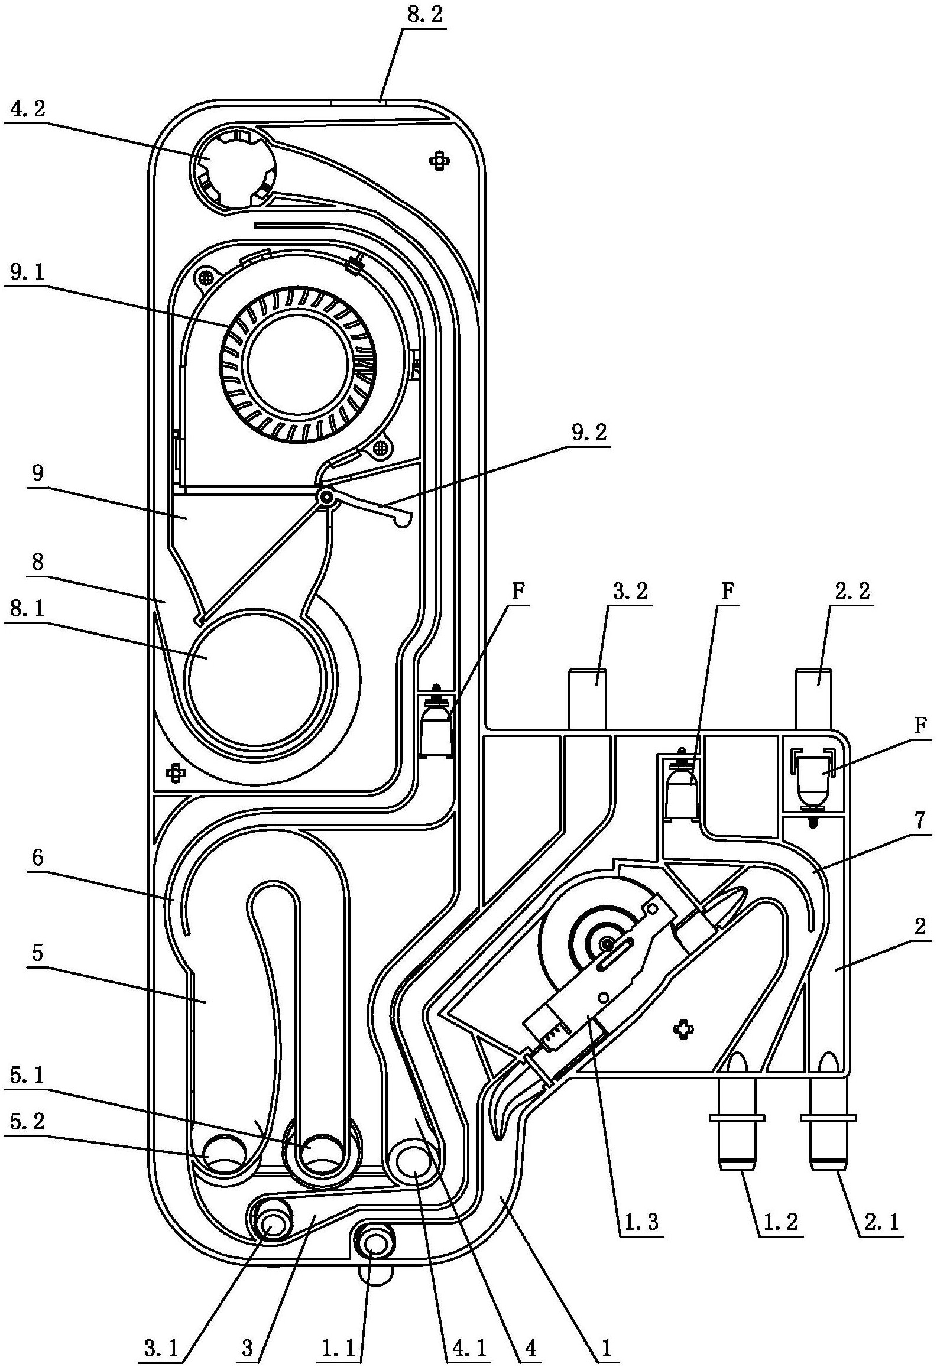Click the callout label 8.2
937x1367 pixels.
(424, 17)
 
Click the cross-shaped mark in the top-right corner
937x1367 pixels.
(439, 159)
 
